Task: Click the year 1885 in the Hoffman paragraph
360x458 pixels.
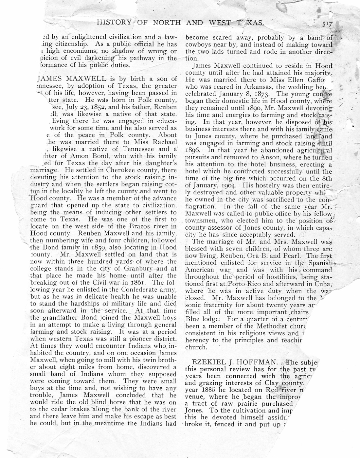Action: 206,390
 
